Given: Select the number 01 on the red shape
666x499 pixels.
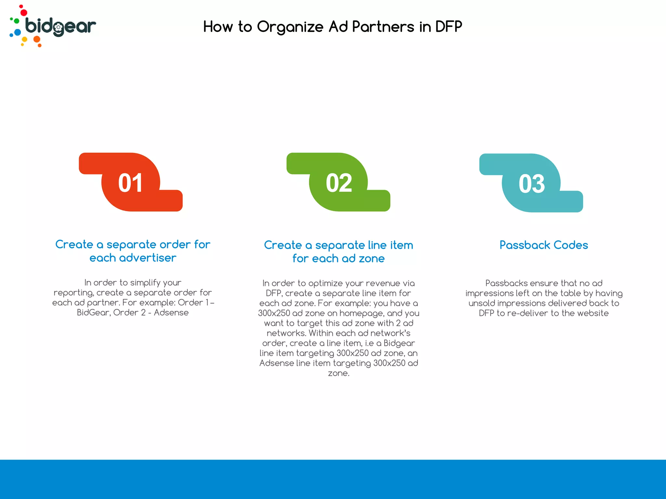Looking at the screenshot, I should (x=130, y=183).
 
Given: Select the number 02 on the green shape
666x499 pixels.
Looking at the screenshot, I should (x=339, y=183).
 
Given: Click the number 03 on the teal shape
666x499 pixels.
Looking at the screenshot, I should (x=531, y=184).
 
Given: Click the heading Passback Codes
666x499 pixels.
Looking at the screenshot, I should (x=543, y=245).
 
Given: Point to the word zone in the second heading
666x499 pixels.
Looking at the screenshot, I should (x=372, y=259).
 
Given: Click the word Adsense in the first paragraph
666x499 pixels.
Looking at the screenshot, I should (x=171, y=313).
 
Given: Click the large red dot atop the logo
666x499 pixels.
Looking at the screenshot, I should (x=24, y=13).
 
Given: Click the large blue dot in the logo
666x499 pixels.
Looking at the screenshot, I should (x=18, y=32).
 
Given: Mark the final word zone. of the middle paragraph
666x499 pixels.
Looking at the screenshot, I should (x=339, y=373).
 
